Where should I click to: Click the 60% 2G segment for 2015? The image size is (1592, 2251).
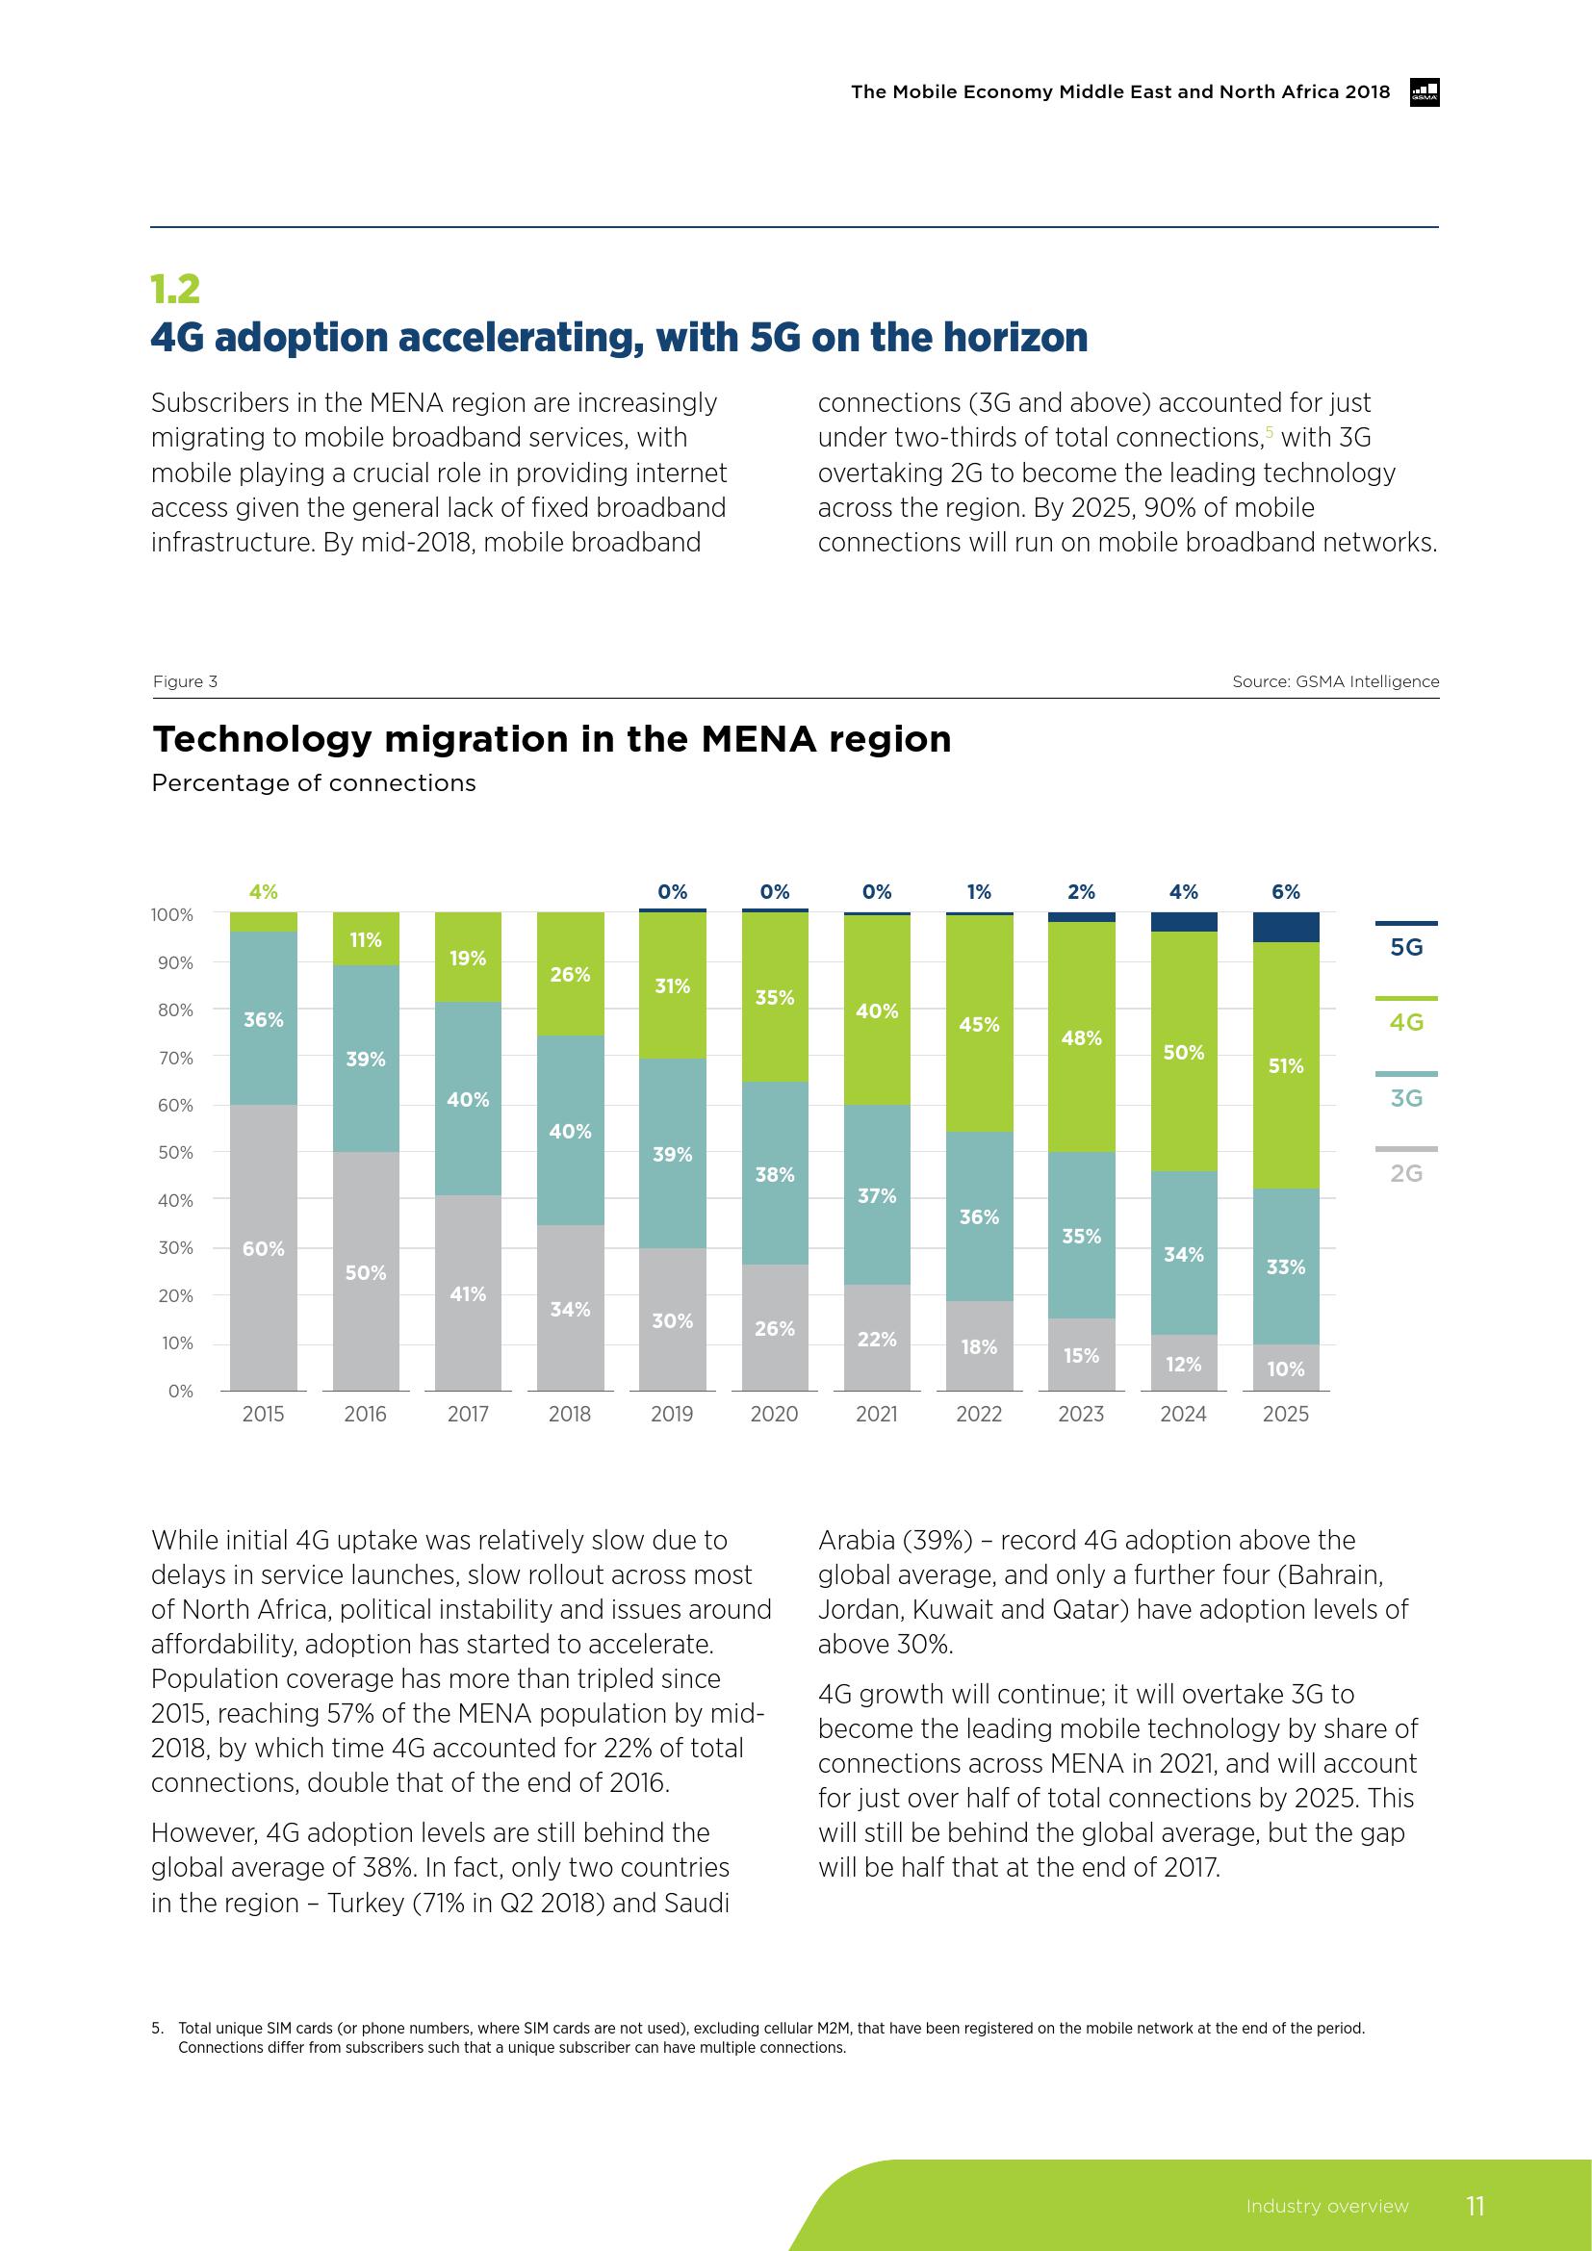pyautogui.click(x=264, y=1247)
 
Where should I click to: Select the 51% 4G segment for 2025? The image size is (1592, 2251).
pyautogui.click(x=1285, y=1064)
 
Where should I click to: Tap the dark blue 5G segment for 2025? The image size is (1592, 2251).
pyautogui.click(x=1285, y=927)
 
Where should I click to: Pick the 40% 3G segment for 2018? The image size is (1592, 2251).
pyautogui.click(x=570, y=1131)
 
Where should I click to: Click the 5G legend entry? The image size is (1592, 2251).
pyautogui.click(x=1405, y=946)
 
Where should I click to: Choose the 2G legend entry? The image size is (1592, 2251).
pyautogui.click(x=1405, y=1172)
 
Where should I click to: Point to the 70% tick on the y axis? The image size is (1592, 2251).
pyautogui.click(x=175, y=1058)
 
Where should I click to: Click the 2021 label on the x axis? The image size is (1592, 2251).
pyautogui.click(x=877, y=1414)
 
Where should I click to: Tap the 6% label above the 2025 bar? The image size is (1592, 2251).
pyautogui.click(x=1285, y=891)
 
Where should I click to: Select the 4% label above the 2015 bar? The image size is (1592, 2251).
pyautogui.click(x=263, y=891)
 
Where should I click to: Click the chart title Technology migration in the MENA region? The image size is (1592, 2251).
pyautogui.click(x=551, y=739)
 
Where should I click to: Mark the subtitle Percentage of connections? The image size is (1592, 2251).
pyautogui.click(x=314, y=783)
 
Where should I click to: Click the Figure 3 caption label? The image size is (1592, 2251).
pyautogui.click(x=185, y=681)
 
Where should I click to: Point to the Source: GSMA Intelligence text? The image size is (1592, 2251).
pyautogui.click(x=1335, y=681)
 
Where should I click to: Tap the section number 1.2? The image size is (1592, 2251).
pyautogui.click(x=175, y=289)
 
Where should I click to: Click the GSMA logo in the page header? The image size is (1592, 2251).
pyautogui.click(x=1425, y=92)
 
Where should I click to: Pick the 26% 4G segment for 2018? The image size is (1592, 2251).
pyautogui.click(x=570, y=974)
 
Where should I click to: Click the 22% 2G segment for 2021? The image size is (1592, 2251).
pyautogui.click(x=877, y=1339)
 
